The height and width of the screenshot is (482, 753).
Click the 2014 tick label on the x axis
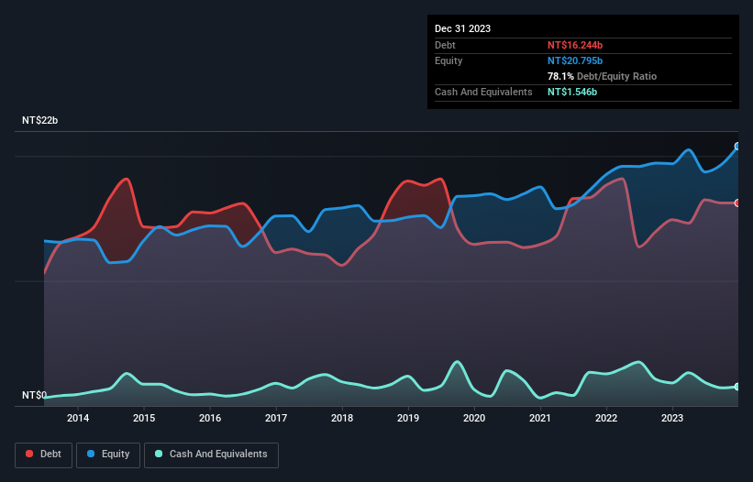(78, 419)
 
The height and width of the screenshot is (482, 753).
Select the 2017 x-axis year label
(276, 419)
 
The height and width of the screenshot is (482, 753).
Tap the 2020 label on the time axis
(474, 419)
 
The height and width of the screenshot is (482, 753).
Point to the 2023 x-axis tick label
(672, 419)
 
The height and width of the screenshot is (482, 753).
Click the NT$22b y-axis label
(40, 121)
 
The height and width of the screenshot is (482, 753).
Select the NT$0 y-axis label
(34, 396)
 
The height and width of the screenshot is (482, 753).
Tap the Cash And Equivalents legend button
(210, 455)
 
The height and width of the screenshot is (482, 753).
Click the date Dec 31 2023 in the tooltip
(463, 28)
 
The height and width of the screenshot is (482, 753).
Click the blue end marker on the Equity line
(737, 147)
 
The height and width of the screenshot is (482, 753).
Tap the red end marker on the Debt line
(737, 203)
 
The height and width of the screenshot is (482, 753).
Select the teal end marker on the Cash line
(737, 387)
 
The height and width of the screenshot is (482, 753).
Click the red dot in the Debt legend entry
(30, 455)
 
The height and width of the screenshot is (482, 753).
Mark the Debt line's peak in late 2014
(127, 179)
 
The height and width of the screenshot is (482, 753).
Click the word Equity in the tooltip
(448, 60)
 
